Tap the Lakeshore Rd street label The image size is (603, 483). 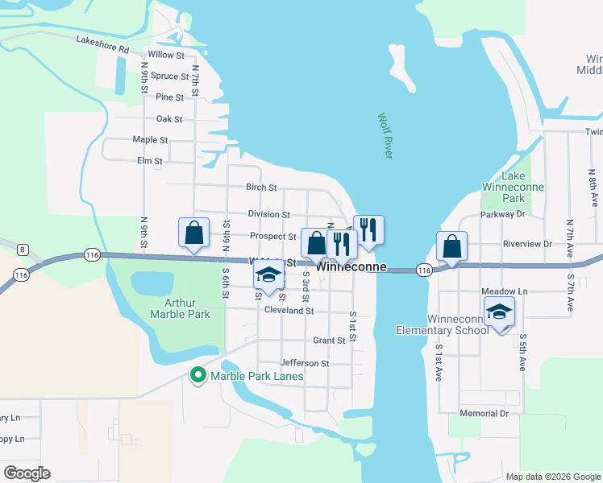pos(102,44)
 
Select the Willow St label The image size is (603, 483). pos(166,55)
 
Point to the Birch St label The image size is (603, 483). pos(261,188)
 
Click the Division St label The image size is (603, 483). pos(268,215)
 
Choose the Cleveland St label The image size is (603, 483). pos(288,310)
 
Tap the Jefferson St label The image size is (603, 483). pos(305,364)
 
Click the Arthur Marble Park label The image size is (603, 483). pos(186,308)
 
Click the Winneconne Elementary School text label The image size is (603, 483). pos(442,324)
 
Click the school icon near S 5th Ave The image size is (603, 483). pos(499,311)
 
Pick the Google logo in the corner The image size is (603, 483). pos(27,473)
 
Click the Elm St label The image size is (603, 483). pos(150,161)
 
